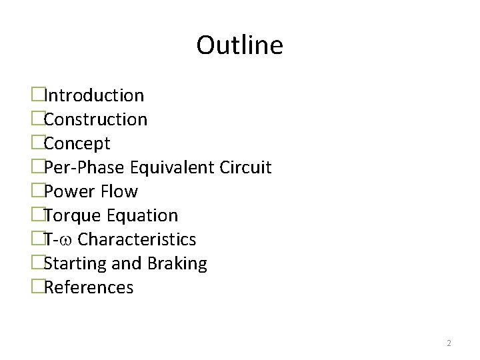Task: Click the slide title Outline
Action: [x=239, y=45]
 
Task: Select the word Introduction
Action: [x=94, y=96]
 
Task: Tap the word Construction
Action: [x=95, y=120]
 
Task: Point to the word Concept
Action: [x=77, y=144]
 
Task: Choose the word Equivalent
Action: [x=173, y=167]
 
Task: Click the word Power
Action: [x=71, y=192]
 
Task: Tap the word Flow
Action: [x=121, y=192]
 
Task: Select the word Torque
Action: [x=72, y=216]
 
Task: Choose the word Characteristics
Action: [x=137, y=240]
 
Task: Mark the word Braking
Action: [x=177, y=264]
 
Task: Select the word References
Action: [x=89, y=288]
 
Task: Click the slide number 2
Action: [x=449, y=343]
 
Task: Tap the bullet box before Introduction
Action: [x=37, y=96]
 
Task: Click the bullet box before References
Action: [x=37, y=288]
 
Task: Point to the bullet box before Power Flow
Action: [x=37, y=192]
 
